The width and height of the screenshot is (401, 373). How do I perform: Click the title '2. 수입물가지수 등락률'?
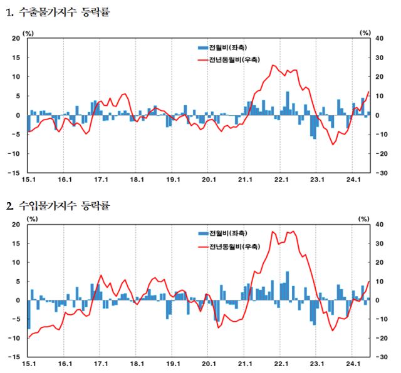coord(57,205)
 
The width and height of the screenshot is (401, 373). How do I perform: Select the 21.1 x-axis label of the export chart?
coord(244,180)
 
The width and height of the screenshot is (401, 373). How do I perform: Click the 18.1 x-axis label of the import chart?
coord(137,364)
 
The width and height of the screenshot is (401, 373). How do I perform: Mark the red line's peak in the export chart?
coord(273,65)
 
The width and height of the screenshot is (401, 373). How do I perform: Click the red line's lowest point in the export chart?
coord(333,145)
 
